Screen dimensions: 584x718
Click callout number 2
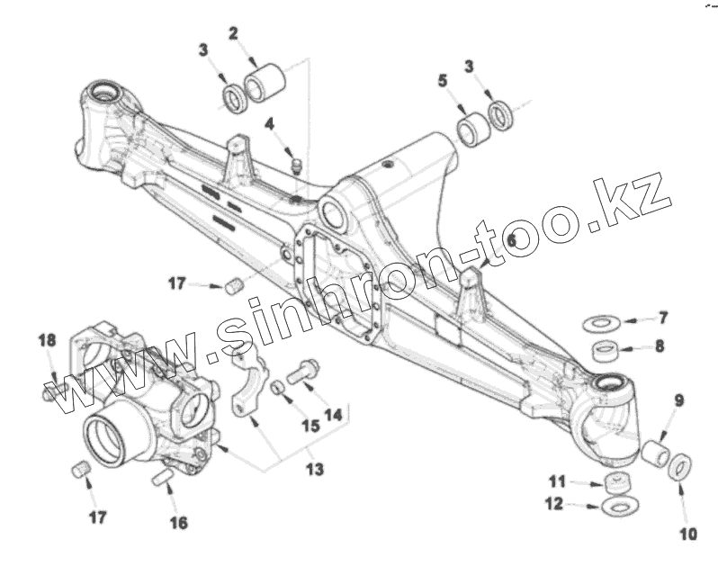(x=233, y=34)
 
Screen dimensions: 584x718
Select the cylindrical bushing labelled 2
(x=265, y=81)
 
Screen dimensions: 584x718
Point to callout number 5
(x=443, y=81)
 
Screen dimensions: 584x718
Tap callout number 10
(x=687, y=535)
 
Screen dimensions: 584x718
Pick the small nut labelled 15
(x=280, y=387)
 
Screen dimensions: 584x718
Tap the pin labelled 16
(x=164, y=477)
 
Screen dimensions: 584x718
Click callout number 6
(x=512, y=240)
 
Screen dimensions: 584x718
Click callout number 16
(x=178, y=523)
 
